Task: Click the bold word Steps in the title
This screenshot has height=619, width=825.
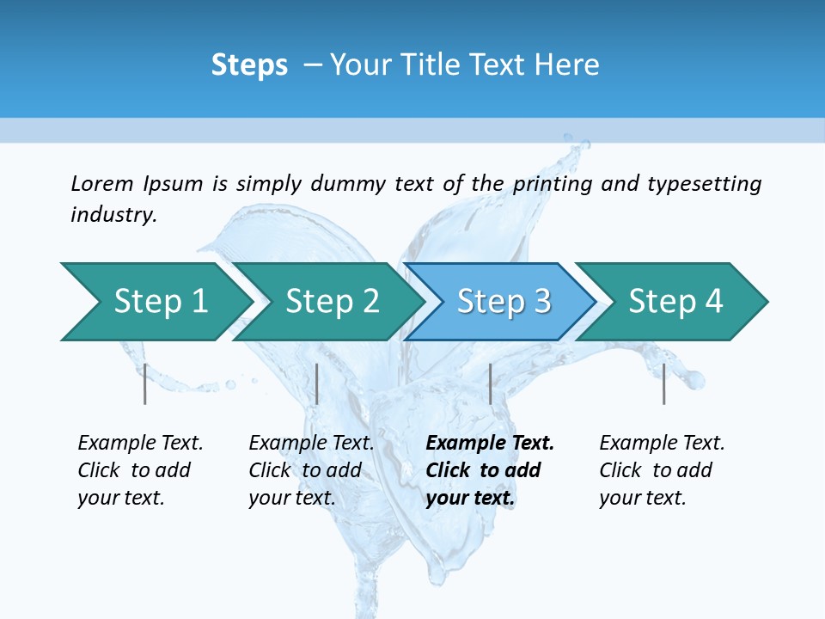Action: [x=249, y=64]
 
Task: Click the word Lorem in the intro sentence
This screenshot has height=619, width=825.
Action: [x=102, y=183]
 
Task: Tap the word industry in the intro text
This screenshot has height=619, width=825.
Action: [x=113, y=214]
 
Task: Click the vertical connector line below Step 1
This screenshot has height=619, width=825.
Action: [x=145, y=383]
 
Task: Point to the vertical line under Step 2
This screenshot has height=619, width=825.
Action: [x=317, y=383]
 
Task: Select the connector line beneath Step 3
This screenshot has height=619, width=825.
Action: [x=490, y=383]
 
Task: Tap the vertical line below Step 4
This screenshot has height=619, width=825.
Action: [x=663, y=383]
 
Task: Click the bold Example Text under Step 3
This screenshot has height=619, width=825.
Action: [x=490, y=443]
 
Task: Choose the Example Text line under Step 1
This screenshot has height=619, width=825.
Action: [x=140, y=443]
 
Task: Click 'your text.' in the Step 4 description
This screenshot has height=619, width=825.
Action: [x=642, y=498]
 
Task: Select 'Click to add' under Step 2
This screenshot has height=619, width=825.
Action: [x=305, y=470]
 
